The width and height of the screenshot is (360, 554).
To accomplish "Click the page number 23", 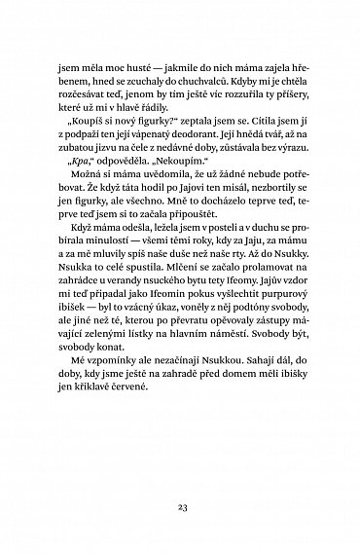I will tap(180, 506).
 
